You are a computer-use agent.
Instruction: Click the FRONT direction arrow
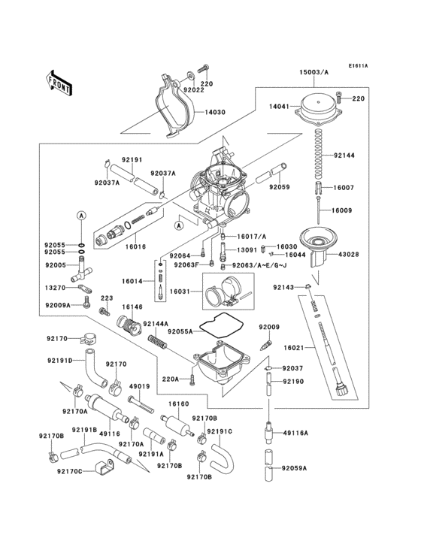(x=59, y=81)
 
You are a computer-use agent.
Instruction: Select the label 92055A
(x=180, y=331)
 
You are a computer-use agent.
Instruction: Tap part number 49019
(x=140, y=387)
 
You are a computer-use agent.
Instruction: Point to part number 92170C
(x=69, y=472)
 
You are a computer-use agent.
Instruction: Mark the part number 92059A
(x=295, y=468)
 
